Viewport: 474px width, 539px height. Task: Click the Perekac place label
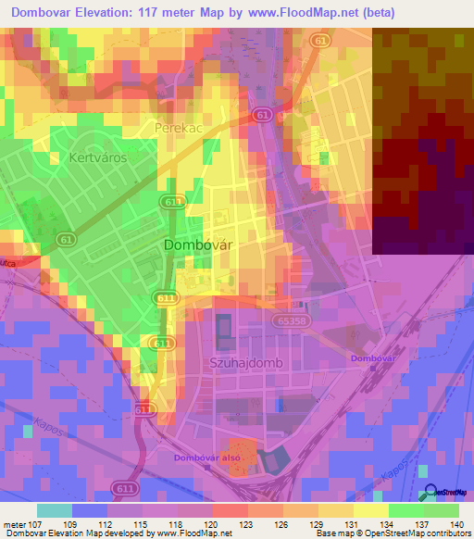point(178,128)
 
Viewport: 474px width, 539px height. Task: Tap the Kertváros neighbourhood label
point(97,158)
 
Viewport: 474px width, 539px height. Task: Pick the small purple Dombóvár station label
point(373,357)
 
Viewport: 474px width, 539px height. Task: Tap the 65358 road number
point(291,320)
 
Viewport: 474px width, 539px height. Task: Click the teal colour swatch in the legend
point(55,510)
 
